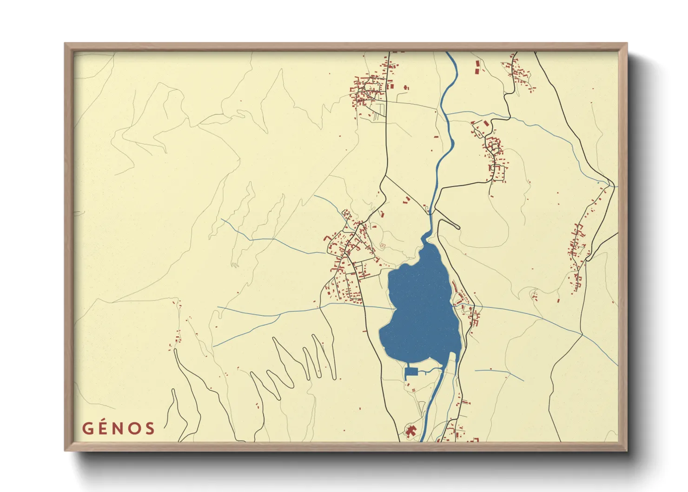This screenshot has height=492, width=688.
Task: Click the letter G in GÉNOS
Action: point(88,428)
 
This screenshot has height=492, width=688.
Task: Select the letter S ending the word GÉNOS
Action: point(149,428)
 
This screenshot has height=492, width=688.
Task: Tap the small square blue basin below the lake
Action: point(410,372)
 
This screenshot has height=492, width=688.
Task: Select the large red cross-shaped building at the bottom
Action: point(410,431)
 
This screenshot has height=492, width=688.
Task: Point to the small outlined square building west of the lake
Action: point(383,245)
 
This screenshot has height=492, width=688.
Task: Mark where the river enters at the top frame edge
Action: point(447,53)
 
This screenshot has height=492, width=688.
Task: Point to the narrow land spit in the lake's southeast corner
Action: point(453,356)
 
